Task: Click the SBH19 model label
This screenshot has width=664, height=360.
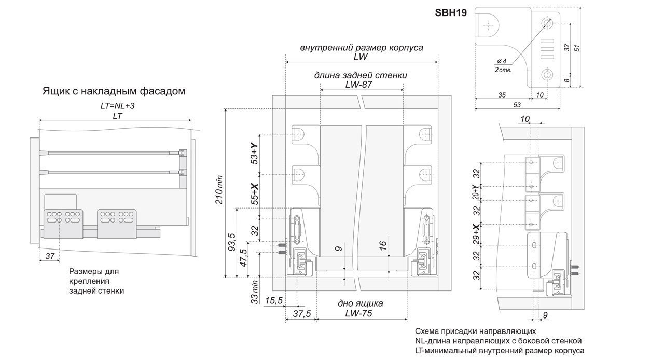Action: coord(451,13)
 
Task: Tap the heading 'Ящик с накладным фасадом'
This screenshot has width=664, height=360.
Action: coord(114,91)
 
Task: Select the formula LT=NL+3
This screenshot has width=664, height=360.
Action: coord(117,106)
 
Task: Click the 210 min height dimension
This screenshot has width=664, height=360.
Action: coord(219,189)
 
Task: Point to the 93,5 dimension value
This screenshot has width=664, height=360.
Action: coord(231,242)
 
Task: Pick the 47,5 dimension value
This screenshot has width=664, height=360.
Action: coord(243,258)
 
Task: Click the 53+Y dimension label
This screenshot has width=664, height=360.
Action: coord(254,153)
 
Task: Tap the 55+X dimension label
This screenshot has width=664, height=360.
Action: coord(254,194)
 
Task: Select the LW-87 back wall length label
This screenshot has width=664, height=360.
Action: coord(358,85)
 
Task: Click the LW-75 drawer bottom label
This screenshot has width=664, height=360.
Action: coord(358,313)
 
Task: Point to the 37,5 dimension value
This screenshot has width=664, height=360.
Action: coord(302,314)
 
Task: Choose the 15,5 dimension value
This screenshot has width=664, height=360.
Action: coord(273,301)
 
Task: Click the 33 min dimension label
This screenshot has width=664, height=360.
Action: coord(255,292)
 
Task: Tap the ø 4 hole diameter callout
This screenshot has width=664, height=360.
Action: coord(502,61)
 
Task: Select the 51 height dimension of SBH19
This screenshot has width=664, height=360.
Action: coord(576,48)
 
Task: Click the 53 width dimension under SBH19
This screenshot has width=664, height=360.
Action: coord(517,105)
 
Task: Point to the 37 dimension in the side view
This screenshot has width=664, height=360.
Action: coord(50,256)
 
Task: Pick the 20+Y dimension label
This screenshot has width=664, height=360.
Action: coord(476,192)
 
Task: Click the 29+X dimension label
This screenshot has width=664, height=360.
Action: coord(476,233)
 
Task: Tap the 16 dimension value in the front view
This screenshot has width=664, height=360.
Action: coord(383,245)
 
